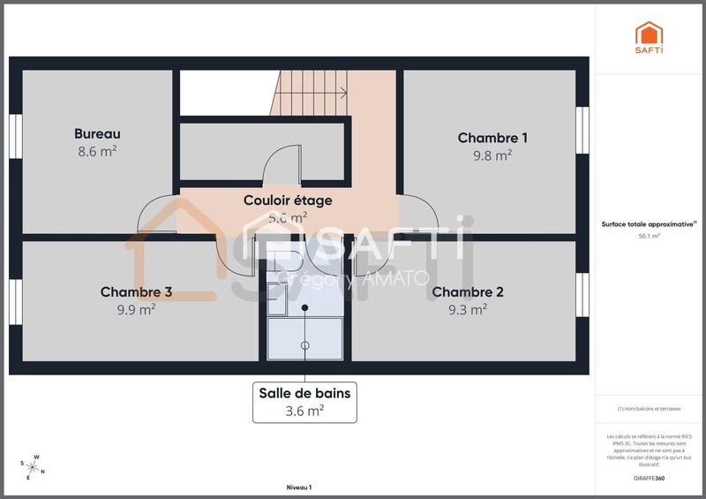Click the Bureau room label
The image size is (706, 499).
tap(97, 134)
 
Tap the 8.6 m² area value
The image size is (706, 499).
tap(97, 151)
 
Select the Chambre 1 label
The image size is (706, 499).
tap(492, 138)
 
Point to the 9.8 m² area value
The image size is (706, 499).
tap(492, 155)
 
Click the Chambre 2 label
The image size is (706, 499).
tap(468, 292)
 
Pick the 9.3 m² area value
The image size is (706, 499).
tap(468, 309)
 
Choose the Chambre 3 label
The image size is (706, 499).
tap(136, 292)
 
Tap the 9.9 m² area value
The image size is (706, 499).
tap(136, 309)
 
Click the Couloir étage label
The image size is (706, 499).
tap(288, 200)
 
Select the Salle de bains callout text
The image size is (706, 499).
tap(304, 394)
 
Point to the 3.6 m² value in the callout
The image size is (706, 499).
tap(304, 411)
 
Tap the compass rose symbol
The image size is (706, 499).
tap(33, 465)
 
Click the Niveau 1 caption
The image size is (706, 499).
tap(299, 488)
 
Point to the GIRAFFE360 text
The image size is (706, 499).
tap(649, 478)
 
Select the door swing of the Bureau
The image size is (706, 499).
tap(154, 216)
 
